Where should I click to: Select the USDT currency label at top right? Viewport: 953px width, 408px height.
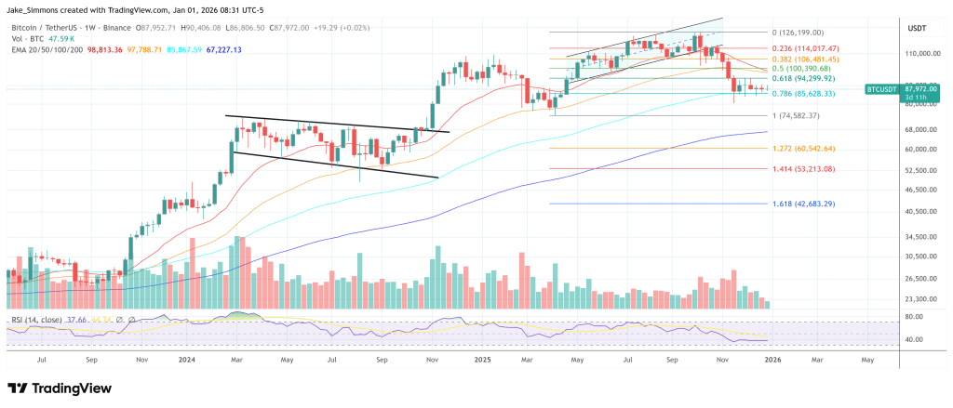919,29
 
